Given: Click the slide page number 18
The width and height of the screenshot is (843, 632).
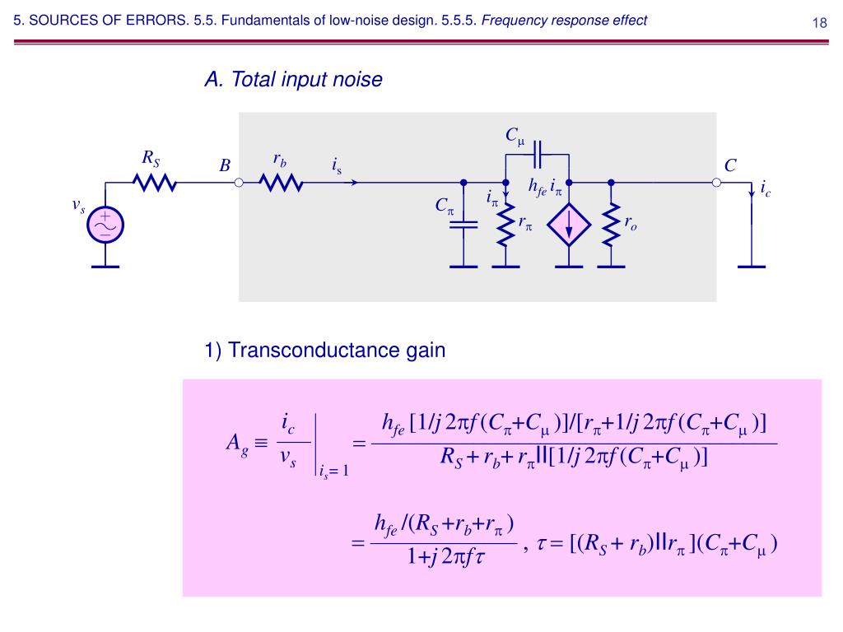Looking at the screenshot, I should (819, 22).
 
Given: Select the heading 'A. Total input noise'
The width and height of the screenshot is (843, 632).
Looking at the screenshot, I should (294, 80).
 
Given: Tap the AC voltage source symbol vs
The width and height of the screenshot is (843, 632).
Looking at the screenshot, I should (105, 225).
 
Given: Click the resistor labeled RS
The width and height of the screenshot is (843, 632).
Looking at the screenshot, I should (156, 183).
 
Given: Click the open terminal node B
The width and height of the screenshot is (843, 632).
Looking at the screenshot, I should (239, 183).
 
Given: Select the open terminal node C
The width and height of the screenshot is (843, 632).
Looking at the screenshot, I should (716, 183).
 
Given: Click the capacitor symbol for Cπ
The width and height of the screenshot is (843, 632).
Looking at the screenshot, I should (464, 224).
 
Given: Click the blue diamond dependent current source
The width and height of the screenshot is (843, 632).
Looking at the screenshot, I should (567, 224).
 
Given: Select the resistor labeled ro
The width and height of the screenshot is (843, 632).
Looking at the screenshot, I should (611, 224).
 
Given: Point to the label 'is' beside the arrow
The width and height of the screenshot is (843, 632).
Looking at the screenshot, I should (336, 166).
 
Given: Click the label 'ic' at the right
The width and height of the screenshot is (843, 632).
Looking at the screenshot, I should (766, 189).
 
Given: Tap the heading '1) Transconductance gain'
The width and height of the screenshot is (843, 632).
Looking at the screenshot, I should (324, 351).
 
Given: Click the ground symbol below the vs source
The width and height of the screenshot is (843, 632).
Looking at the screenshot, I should (105, 265).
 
